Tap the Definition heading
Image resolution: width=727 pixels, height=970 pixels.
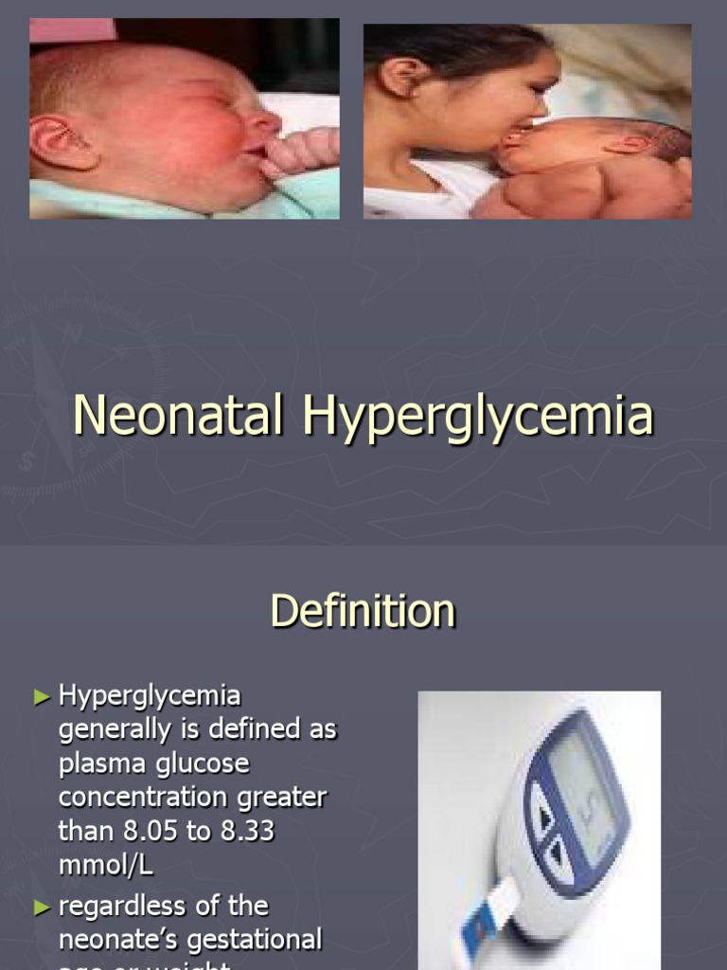[x=363, y=611]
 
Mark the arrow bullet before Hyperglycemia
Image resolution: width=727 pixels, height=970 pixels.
[x=41, y=697]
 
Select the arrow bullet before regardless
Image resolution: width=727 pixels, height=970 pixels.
[x=41, y=907]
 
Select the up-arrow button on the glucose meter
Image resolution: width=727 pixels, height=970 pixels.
[x=544, y=816]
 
